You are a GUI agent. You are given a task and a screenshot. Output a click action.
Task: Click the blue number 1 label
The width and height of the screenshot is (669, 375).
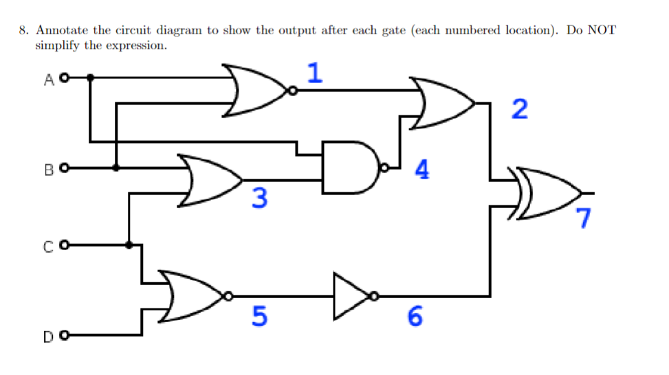coord(315,73)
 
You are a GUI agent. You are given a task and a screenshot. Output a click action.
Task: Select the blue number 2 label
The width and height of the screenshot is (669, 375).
coord(520,109)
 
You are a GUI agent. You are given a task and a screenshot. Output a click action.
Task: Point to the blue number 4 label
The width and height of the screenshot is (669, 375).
coord(423,169)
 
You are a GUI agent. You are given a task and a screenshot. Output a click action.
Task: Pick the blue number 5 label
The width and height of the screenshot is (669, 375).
coord(259,316)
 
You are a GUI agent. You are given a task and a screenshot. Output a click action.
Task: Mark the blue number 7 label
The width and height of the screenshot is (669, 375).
coord(584,218)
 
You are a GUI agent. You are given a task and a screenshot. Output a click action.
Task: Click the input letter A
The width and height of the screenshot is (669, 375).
coord(48,79)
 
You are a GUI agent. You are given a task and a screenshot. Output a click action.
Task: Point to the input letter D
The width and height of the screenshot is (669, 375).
coord(48,337)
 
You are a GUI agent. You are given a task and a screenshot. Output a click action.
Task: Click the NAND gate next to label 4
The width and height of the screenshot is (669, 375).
coord(350,167)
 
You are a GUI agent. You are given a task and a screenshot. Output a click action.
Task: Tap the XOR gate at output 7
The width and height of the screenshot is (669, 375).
coord(547,193)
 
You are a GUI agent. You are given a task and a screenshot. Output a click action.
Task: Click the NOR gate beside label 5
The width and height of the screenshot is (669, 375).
coord(193,297)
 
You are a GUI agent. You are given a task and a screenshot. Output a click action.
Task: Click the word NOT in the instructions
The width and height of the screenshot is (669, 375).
coord(602,31)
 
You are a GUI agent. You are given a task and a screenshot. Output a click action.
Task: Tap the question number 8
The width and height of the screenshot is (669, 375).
coord(23,31)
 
